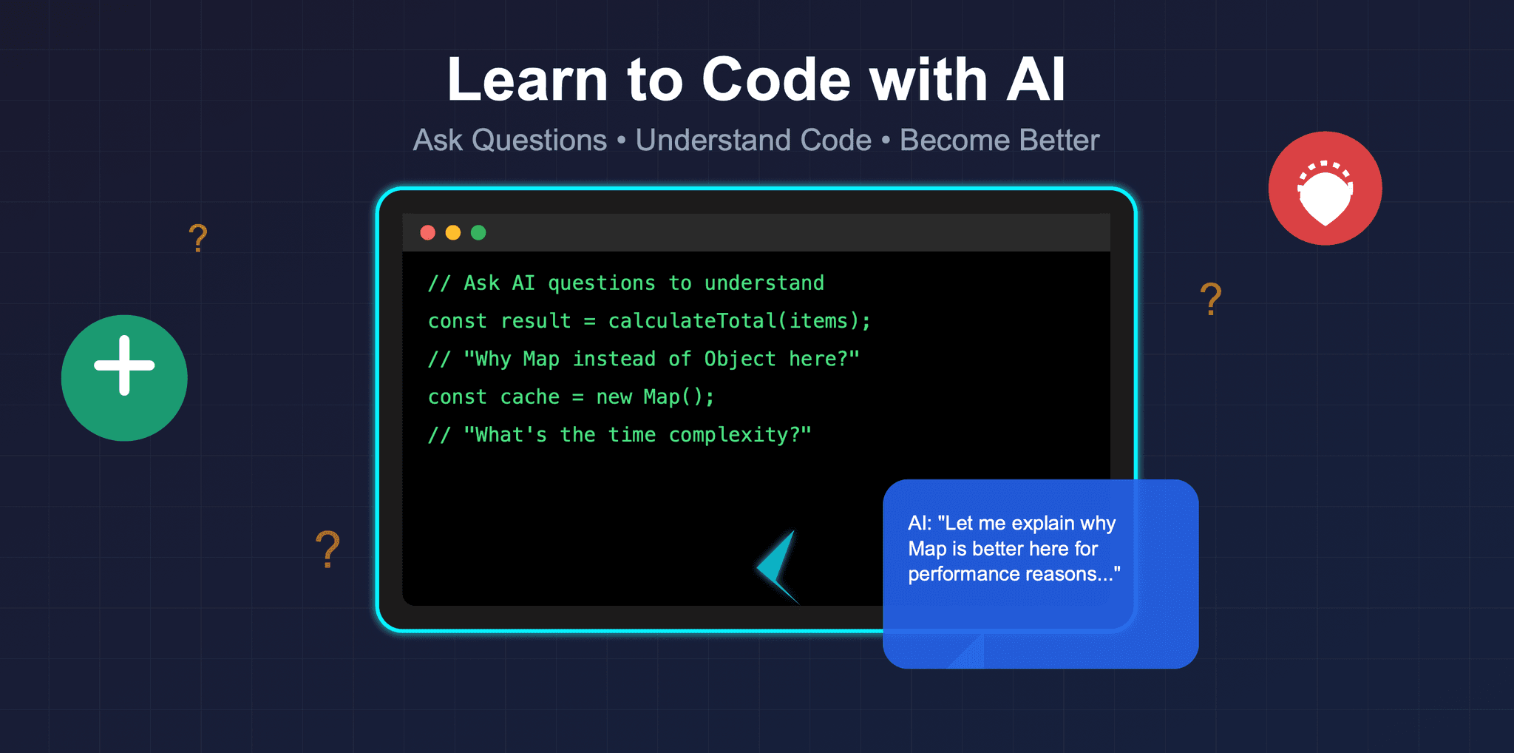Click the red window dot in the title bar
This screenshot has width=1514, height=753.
tap(427, 233)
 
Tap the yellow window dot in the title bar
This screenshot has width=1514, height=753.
tap(453, 233)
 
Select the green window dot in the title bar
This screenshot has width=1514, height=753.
tap(478, 233)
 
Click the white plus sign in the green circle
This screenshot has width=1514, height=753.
tap(124, 365)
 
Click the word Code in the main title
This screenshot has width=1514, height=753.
tap(776, 80)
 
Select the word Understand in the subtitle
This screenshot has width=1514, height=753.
tap(753, 141)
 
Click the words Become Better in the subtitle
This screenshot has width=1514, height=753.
tap(999, 141)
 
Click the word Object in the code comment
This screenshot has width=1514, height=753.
tap(739, 359)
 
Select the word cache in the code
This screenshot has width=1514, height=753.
tap(529, 397)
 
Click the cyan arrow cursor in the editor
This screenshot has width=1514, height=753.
tap(778, 567)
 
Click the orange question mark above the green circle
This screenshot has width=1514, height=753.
tap(197, 238)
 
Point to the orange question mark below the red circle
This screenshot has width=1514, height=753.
tap(1210, 299)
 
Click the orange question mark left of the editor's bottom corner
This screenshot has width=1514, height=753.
tap(327, 549)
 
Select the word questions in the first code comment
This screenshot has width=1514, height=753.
tap(601, 283)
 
